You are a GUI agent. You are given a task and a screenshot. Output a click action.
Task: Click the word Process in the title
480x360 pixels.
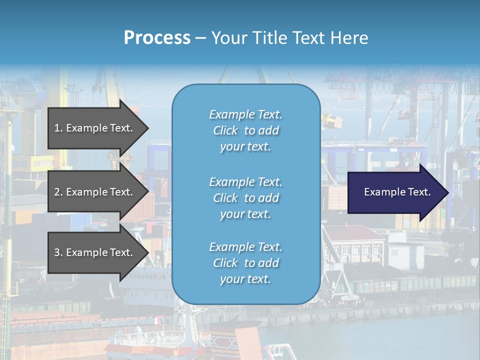point(157,38)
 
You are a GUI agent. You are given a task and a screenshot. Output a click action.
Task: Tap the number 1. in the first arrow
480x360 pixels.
point(58,128)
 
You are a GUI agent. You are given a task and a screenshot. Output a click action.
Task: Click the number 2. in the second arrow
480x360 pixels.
point(58,192)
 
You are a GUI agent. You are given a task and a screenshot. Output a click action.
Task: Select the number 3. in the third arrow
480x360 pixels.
point(58,252)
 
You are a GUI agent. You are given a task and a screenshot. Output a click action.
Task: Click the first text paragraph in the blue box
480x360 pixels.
point(245,130)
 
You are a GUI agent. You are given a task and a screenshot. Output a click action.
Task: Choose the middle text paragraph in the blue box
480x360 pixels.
point(245,198)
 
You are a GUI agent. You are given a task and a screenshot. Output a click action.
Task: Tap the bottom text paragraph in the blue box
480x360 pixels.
point(245,263)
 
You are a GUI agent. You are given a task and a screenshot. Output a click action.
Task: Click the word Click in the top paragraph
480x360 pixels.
point(225,130)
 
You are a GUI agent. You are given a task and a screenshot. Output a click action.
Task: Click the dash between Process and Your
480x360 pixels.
point(200,38)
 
